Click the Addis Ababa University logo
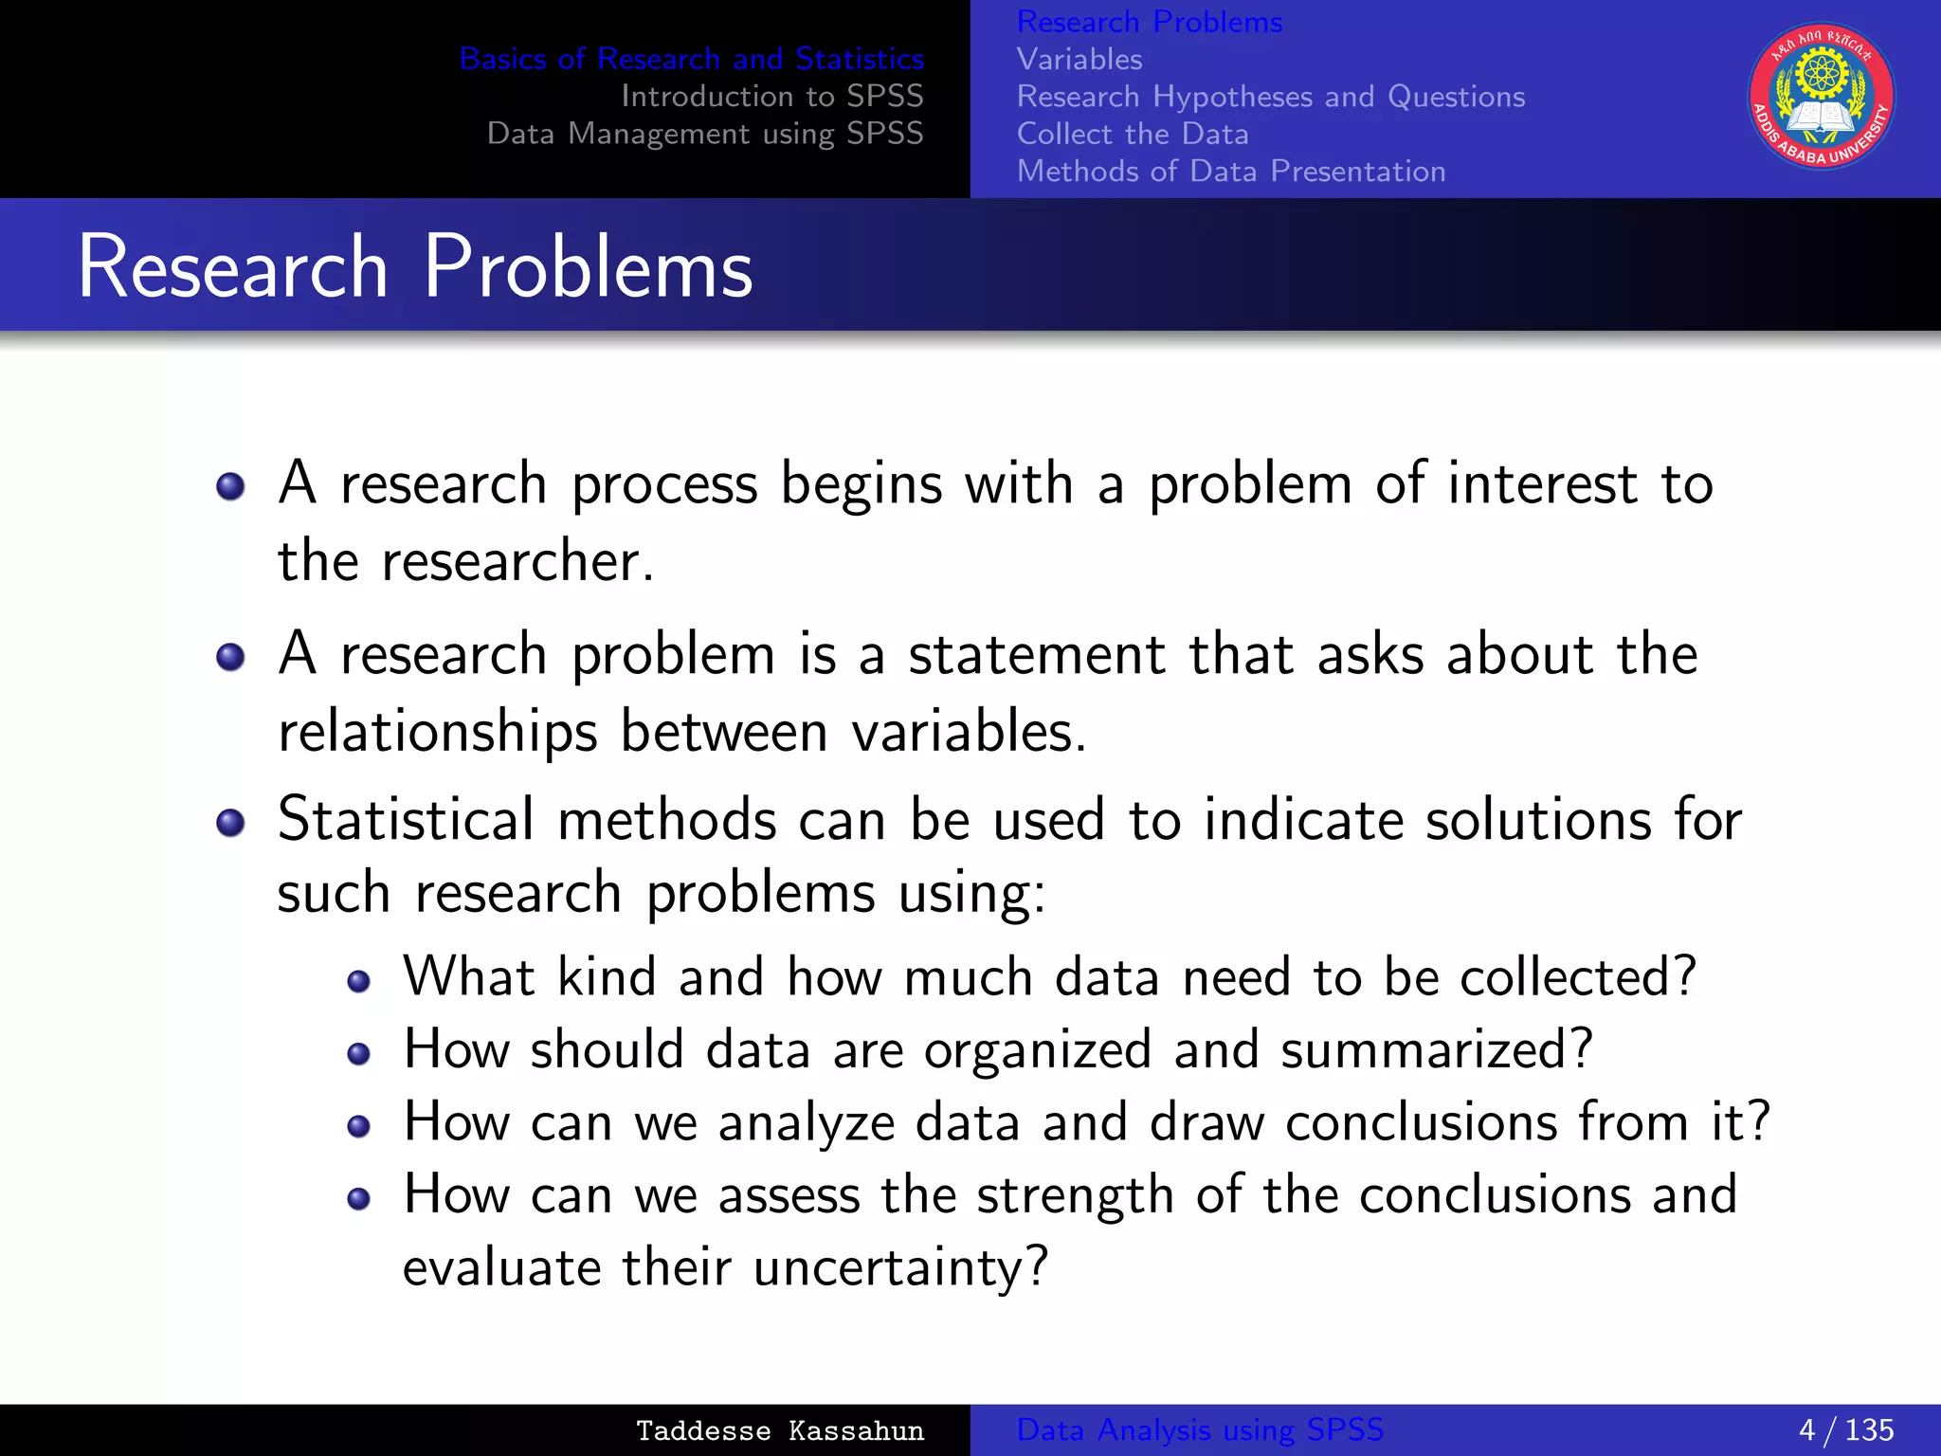pos(1821,97)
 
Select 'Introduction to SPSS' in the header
pos(771,96)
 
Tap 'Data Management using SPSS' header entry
pos(705,134)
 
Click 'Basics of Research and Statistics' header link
pos(691,59)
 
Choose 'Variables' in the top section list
pos(1079,60)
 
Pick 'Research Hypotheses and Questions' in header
pos(1271,97)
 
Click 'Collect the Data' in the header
pos(1133,134)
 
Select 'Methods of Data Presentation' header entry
pos(1231,172)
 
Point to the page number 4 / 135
pos(1845,1429)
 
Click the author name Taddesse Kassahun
pos(779,1430)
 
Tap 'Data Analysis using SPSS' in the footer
pos(1200,1429)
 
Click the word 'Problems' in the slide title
pos(588,267)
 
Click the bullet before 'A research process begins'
pos(230,487)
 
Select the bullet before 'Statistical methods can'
pos(230,822)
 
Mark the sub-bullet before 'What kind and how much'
pos(358,981)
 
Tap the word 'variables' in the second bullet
pos(957,732)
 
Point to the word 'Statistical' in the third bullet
pos(407,819)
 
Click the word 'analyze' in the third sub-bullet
pos(807,1122)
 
